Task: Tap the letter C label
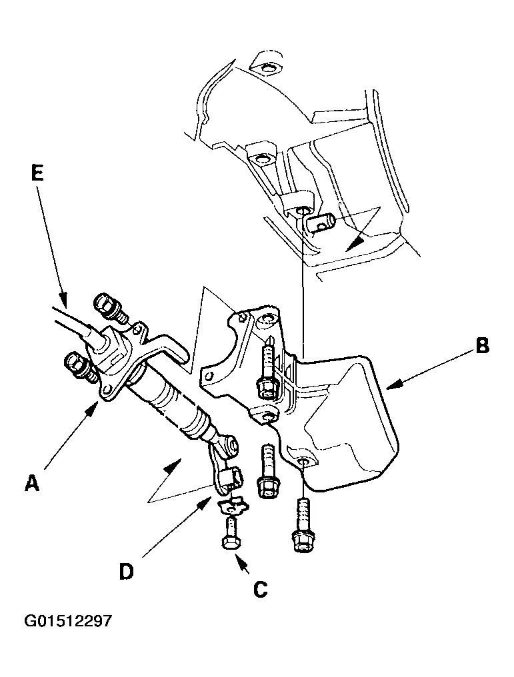(x=261, y=588)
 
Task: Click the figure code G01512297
(x=68, y=621)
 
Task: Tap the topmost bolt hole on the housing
(x=266, y=68)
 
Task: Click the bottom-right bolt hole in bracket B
(x=304, y=462)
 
